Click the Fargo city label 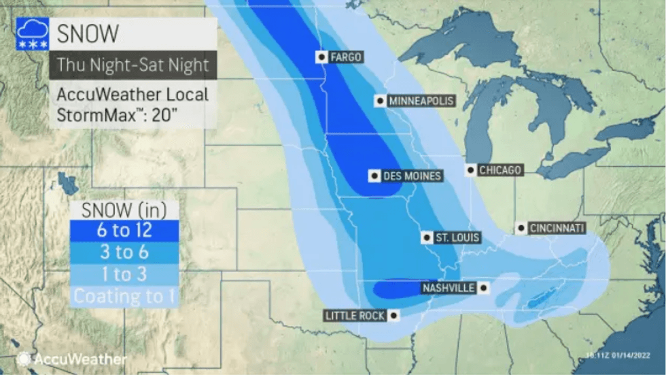(x=345, y=57)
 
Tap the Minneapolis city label (x=420, y=101)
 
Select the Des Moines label (x=412, y=176)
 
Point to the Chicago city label (x=500, y=170)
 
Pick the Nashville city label (x=448, y=288)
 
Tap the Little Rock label (x=355, y=316)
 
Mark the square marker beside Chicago (x=470, y=169)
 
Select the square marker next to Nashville (x=483, y=288)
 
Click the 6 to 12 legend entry (x=124, y=231)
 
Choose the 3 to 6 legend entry (x=124, y=252)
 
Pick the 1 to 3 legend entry (x=124, y=274)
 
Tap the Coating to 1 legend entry (x=124, y=296)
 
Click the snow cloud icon (x=31, y=33)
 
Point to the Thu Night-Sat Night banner (x=133, y=65)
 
